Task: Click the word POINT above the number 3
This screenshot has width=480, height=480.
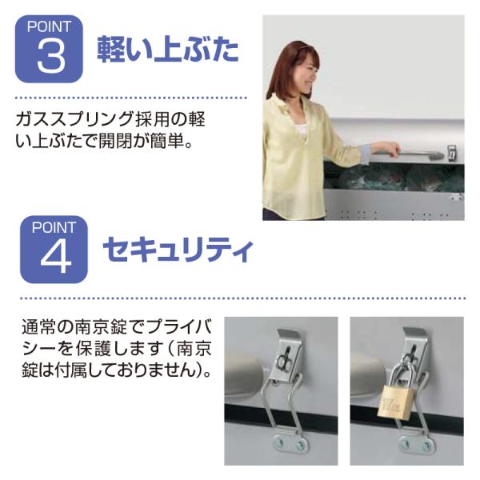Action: (x=49, y=26)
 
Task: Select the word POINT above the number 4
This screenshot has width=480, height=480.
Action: (x=54, y=227)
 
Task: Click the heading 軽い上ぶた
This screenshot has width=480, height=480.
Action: (x=168, y=49)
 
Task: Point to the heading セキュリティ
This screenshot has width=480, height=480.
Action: (x=178, y=250)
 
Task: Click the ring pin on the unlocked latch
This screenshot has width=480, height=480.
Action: (x=283, y=361)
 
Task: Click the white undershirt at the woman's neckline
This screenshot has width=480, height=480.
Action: (x=302, y=130)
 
